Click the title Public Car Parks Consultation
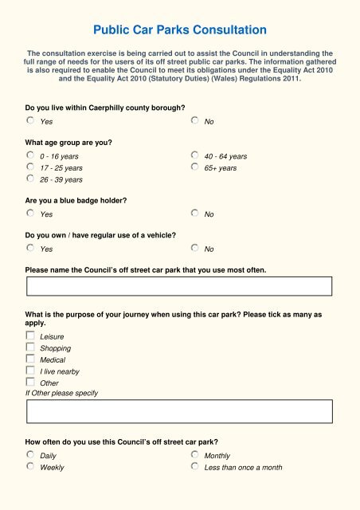(x=179, y=31)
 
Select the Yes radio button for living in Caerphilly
(x=30, y=120)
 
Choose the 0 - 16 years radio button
(x=30, y=155)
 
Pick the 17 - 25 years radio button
(x=30, y=167)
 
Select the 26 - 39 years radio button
(x=30, y=178)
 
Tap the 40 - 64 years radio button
(x=195, y=155)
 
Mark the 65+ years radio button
(x=195, y=167)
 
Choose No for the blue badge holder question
(x=195, y=214)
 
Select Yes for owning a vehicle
(x=30, y=249)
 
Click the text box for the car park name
(x=179, y=286)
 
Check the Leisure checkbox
(x=30, y=336)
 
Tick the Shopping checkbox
(x=30, y=347)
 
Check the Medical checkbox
(x=30, y=359)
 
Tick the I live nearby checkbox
(x=30, y=371)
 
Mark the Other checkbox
(x=30, y=382)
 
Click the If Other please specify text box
(x=179, y=411)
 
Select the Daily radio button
(x=30, y=455)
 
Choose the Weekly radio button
(x=30, y=467)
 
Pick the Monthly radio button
(x=195, y=455)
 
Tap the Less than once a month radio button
(x=195, y=467)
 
